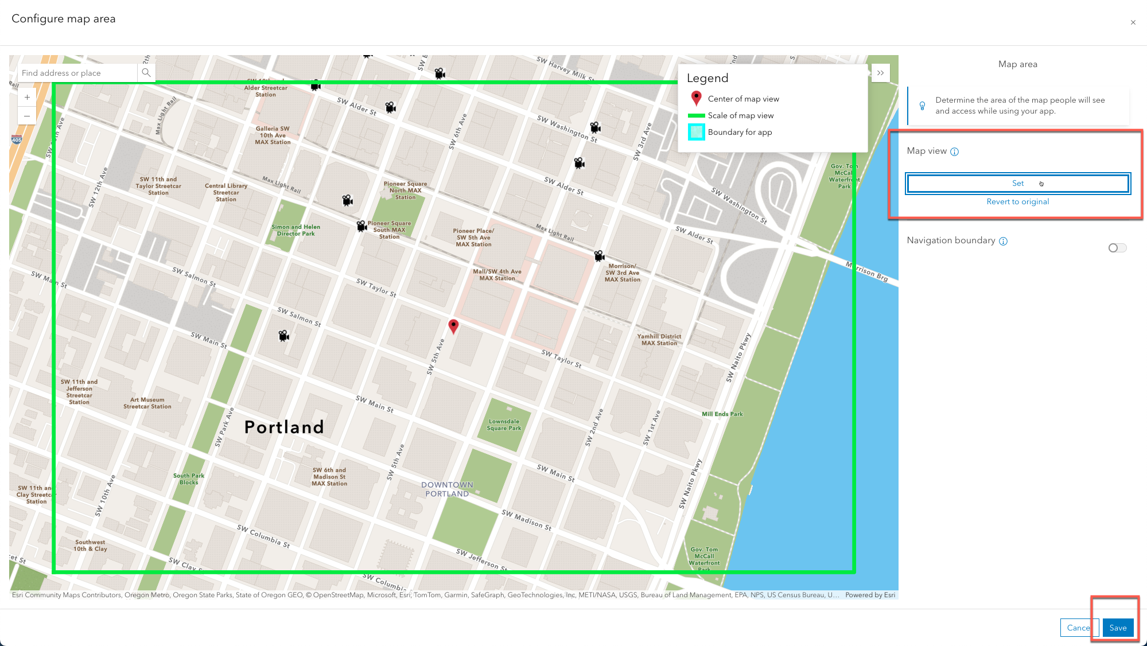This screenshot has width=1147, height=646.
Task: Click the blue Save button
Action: click(x=1117, y=628)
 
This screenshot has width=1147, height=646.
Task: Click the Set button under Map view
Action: click(x=1017, y=184)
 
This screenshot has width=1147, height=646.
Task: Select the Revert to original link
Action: click(x=1017, y=201)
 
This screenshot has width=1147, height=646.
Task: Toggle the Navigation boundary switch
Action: click(x=1117, y=248)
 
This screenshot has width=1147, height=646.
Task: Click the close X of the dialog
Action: click(x=1133, y=22)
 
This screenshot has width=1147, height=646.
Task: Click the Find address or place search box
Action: click(x=77, y=73)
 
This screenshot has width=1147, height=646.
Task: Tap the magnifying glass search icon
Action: click(x=146, y=73)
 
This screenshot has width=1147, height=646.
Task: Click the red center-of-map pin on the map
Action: click(x=453, y=326)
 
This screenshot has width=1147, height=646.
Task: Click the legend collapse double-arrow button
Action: click(x=880, y=73)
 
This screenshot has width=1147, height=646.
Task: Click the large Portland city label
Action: click(x=284, y=427)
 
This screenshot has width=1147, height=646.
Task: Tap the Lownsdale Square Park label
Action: click(x=504, y=425)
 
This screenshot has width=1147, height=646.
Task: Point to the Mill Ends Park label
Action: click(x=722, y=414)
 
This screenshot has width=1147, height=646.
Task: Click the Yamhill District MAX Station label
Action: click(x=659, y=340)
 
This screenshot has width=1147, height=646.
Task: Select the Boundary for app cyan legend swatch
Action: click(x=696, y=132)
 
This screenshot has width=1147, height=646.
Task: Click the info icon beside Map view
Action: click(x=954, y=151)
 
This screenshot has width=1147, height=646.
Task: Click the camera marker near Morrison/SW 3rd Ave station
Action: click(x=599, y=256)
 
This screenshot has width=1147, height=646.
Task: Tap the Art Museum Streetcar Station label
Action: click(x=147, y=403)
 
